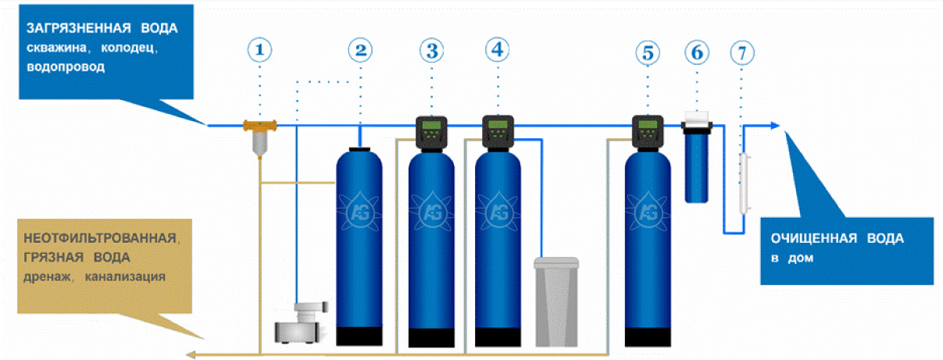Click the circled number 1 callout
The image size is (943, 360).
259,50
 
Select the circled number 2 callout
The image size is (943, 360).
360,50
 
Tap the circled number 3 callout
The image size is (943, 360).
431,51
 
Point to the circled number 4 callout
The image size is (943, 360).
498,50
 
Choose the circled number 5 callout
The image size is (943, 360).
648,53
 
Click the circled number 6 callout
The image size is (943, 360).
697,52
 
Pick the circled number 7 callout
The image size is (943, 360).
741,53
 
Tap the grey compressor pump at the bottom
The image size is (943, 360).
301,323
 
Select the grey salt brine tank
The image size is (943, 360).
556,302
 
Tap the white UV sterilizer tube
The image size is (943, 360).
745,184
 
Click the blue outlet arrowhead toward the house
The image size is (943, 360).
774,125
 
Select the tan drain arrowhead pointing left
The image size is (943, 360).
191,354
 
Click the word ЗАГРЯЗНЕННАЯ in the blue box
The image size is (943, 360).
79,28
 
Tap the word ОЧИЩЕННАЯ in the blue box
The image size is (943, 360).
814,238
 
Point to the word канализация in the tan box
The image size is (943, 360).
125,276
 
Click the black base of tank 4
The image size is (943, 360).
498,337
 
